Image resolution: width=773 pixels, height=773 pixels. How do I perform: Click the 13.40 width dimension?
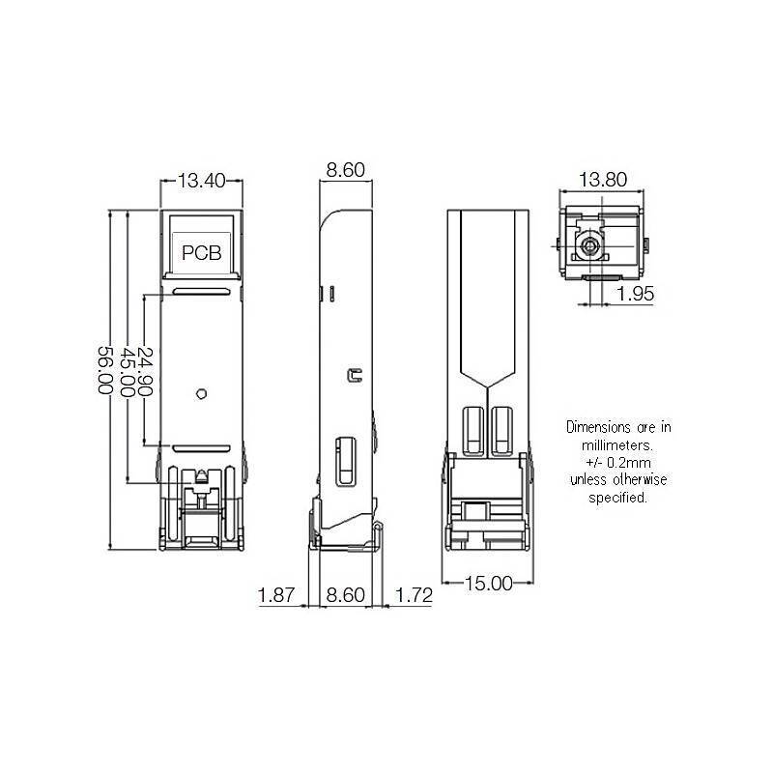[x=203, y=180]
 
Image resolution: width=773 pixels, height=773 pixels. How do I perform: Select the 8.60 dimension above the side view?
[x=345, y=170]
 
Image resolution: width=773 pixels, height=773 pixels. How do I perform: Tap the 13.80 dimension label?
[x=603, y=179]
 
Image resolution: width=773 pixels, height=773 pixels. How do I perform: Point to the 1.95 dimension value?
[x=636, y=294]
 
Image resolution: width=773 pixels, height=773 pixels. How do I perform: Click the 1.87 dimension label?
[x=277, y=596]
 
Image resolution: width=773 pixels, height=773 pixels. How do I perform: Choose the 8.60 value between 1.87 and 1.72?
[x=345, y=596]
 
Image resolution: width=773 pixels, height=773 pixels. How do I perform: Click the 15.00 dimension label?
[x=488, y=583]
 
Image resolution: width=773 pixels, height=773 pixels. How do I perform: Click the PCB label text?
[x=202, y=253]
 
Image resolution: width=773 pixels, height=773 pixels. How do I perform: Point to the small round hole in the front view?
[x=201, y=393]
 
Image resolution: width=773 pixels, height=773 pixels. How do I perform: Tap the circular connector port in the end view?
[x=589, y=247]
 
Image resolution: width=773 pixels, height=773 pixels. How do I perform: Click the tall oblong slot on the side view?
[x=344, y=462]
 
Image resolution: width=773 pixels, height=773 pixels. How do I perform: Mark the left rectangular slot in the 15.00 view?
[x=474, y=433]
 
